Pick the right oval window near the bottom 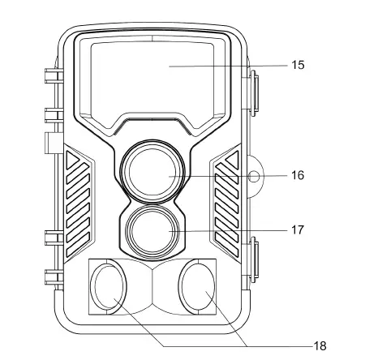tap(197, 287)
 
